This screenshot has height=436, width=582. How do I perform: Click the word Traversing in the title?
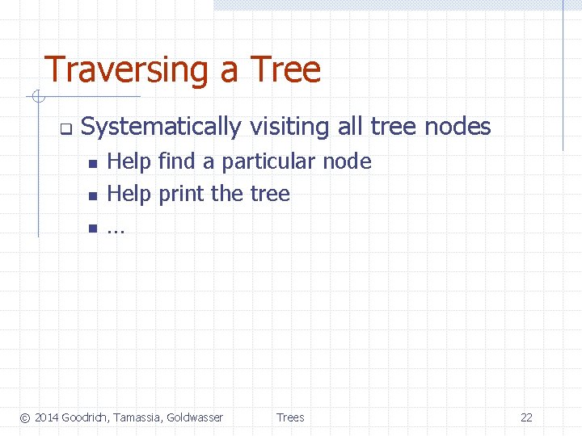pos(128,70)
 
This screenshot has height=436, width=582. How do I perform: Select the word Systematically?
pos(161,127)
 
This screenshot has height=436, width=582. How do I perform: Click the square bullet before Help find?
pos(92,164)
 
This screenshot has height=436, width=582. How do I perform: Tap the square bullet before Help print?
pos(92,195)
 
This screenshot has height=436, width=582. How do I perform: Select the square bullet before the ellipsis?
pos(92,228)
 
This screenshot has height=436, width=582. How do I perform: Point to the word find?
pos(176,161)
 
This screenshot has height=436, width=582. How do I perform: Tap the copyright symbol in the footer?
pos(25,417)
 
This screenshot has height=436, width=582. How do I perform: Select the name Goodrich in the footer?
pos(86,417)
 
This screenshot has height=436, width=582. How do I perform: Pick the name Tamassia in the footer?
pos(138,417)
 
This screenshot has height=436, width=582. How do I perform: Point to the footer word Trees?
pos(290,417)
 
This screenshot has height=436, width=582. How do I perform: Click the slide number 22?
pos(526,417)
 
